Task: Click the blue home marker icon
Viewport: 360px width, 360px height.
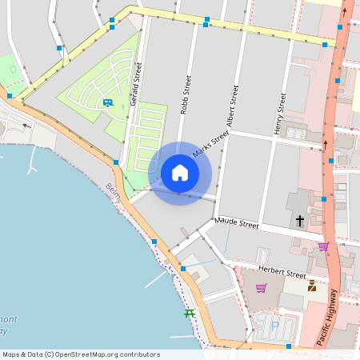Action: (x=180, y=173)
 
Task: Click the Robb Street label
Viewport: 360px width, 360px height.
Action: (x=186, y=94)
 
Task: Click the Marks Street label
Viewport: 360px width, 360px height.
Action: (x=210, y=143)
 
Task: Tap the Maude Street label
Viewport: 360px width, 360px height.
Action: (x=236, y=224)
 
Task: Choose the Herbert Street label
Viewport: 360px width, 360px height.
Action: (x=282, y=273)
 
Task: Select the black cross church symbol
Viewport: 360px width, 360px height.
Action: (x=301, y=220)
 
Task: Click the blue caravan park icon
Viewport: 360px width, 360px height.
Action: (x=107, y=103)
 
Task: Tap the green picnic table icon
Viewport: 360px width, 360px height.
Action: (x=190, y=313)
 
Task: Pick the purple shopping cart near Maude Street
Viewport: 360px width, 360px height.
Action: (x=323, y=246)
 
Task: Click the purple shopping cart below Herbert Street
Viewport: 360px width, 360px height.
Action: (x=261, y=288)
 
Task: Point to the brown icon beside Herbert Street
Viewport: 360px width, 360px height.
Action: (x=311, y=286)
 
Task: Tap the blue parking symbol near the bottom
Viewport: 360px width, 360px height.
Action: (x=274, y=324)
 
